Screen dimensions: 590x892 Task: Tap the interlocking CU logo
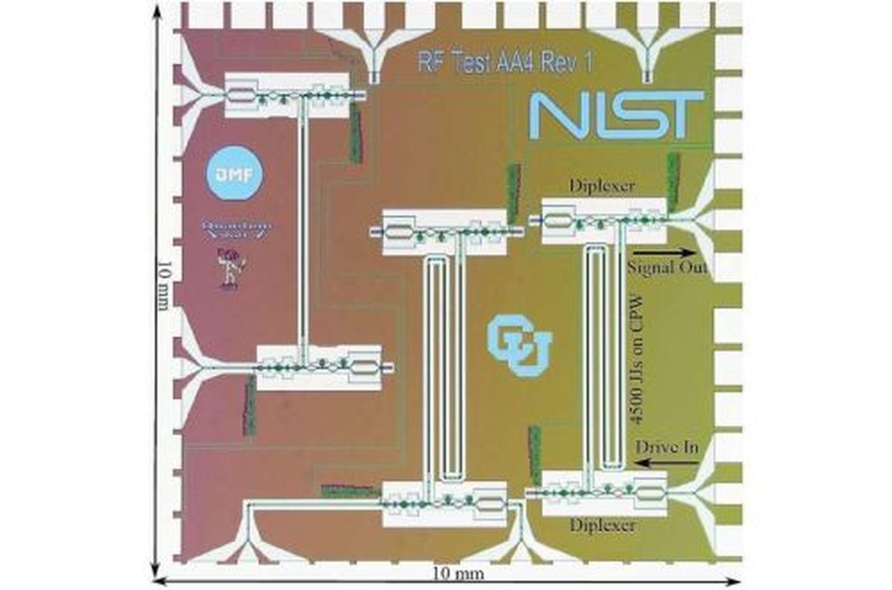point(519,345)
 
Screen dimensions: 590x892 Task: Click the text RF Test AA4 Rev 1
point(506,62)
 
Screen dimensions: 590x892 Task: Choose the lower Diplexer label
point(603,525)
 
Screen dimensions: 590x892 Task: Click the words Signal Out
point(668,268)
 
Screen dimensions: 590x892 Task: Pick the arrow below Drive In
point(666,462)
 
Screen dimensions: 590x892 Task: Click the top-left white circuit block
point(286,95)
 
